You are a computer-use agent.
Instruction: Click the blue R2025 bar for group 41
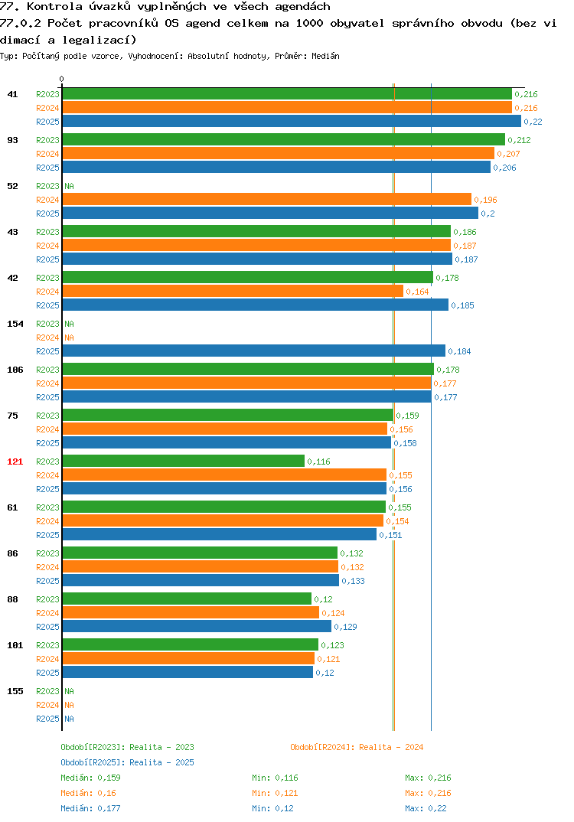[292, 121]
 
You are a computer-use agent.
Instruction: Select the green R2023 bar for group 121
[184, 461]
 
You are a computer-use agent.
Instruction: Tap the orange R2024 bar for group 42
[233, 291]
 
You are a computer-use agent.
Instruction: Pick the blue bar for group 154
[254, 351]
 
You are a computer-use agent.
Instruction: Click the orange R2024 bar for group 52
[267, 199]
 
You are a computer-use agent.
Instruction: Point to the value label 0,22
[533, 122]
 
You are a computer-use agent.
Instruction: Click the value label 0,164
[417, 292]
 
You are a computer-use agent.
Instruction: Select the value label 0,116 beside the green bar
[318, 462]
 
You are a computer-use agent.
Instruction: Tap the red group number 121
[15, 462]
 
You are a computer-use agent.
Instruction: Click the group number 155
[15, 691]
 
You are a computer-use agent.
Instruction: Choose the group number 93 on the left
[12, 140]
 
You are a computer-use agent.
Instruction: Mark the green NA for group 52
[69, 186]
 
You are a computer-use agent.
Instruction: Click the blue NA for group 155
[69, 719]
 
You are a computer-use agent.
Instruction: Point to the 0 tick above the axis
[62, 79]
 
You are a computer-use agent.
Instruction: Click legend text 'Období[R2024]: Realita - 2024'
[357, 747]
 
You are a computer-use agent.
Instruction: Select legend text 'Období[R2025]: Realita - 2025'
[127, 762]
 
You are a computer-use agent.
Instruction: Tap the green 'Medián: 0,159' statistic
[90, 778]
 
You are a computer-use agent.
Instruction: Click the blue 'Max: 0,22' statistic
[426, 808]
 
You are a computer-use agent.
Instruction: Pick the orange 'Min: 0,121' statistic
[275, 793]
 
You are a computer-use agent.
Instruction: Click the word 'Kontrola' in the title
[54, 6]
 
